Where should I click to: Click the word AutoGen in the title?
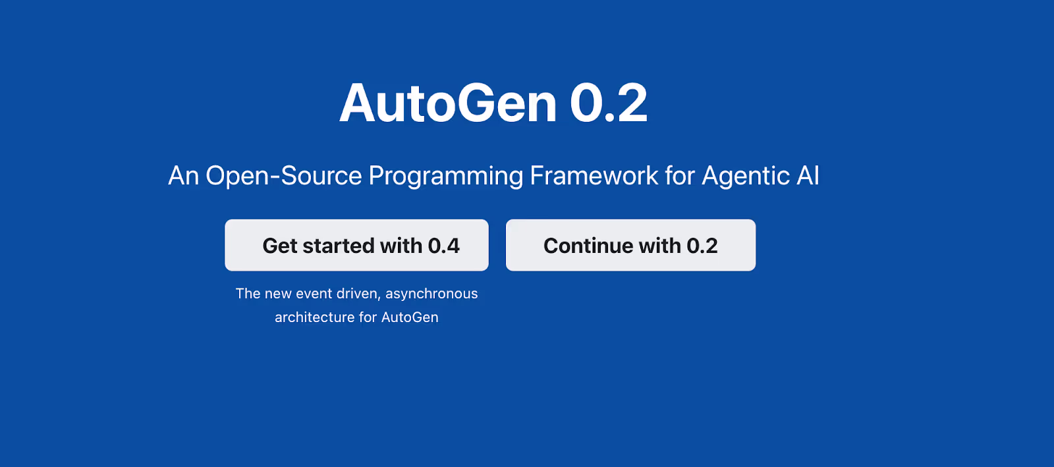click(x=448, y=103)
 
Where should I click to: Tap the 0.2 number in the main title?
click(x=609, y=103)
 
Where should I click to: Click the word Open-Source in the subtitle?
click(x=284, y=176)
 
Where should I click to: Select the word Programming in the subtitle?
click(x=446, y=177)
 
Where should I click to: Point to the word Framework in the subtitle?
click(x=594, y=176)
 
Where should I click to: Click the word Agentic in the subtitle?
click(x=746, y=177)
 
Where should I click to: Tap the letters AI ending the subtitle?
click(x=808, y=176)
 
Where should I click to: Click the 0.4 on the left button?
click(x=444, y=246)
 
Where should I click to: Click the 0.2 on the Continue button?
click(x=702, y=246)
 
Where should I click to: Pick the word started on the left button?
click(x=339, y=246)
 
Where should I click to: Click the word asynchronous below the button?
click(x=431, y=294)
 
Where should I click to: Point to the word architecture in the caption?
click(x=314, y=317)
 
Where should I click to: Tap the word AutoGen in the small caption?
click(x=410, y=317)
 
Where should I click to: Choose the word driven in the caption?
click(x=358, y=294)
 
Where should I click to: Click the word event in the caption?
click(x=314, y=294)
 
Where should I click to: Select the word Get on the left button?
click(x=280, y=246)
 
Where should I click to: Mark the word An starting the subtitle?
click(x=183, y=176)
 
